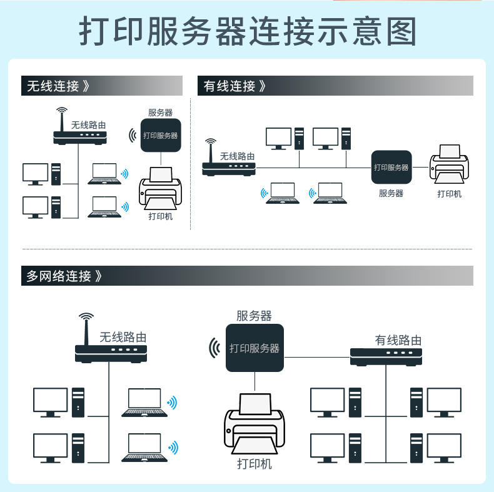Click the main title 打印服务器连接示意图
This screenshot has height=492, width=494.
(x=248, y=31)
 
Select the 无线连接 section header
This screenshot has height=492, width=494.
(x=58, y=86)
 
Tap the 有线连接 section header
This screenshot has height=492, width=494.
(x=234, y=86)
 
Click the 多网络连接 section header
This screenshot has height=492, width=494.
(x=64, y=276)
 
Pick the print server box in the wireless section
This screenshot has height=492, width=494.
(x=161, y=135)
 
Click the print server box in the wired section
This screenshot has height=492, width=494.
(x=391, y=167)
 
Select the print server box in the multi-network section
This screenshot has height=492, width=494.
(x=255, y=348)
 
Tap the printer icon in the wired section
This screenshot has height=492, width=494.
(x=449, y=164)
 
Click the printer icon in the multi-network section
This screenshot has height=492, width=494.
(x=255, y=424)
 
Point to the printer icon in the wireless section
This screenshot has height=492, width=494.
(x=160, y=188)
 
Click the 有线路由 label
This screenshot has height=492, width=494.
(x=398, y=340)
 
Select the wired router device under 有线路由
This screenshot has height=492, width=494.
(x=386, y=357)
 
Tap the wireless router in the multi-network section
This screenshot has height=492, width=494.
(x=111, y=338)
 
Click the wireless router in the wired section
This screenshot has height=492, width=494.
(x=228, y=158)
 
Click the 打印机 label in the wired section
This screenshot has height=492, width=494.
(x=449, y=194)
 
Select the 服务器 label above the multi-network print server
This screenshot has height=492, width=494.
(x=254, y=316)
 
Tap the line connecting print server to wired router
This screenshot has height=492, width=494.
(x=317, y=358)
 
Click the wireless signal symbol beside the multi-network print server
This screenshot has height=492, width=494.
(x=215, y=348)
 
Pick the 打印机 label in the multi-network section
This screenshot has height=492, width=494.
(x=255, y=464)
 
